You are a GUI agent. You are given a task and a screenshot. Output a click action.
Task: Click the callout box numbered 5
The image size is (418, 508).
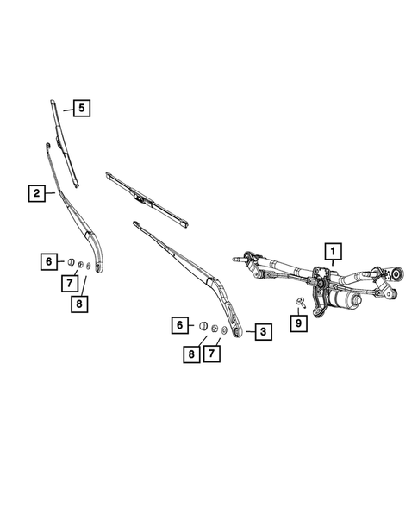(x=82, y=109)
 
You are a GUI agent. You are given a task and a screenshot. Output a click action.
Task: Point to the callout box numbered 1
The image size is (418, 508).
(x=330, y=252)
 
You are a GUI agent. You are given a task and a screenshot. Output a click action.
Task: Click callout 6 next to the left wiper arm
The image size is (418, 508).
(x=49, y=260)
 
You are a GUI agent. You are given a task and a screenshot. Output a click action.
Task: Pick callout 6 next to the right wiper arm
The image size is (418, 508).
(x=180, y=325)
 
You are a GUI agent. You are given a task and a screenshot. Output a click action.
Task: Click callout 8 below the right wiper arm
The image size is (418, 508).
(x=188, y=355)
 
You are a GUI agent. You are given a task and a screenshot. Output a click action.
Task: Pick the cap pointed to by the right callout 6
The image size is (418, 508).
(x=204, y=326)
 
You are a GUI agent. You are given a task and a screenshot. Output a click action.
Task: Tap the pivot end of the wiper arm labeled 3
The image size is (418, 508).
(x=237, y=329)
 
